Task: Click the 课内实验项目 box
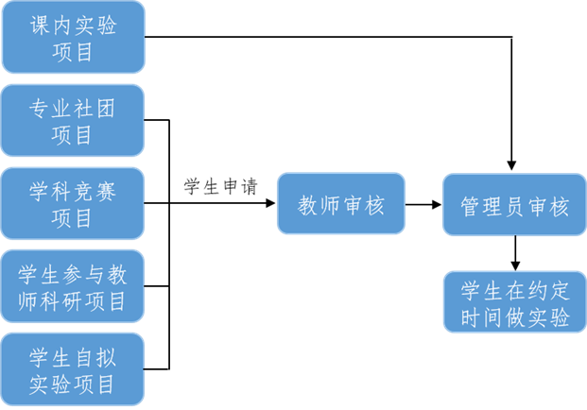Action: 73,38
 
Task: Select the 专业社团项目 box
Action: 73,120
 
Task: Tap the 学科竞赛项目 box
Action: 73,203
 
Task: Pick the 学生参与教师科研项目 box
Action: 73,286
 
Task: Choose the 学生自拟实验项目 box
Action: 73,369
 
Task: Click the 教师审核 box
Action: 341,204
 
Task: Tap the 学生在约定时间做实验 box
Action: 515,302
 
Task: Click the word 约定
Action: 547,290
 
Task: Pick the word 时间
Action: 483,317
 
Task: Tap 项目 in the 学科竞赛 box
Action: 73,218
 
